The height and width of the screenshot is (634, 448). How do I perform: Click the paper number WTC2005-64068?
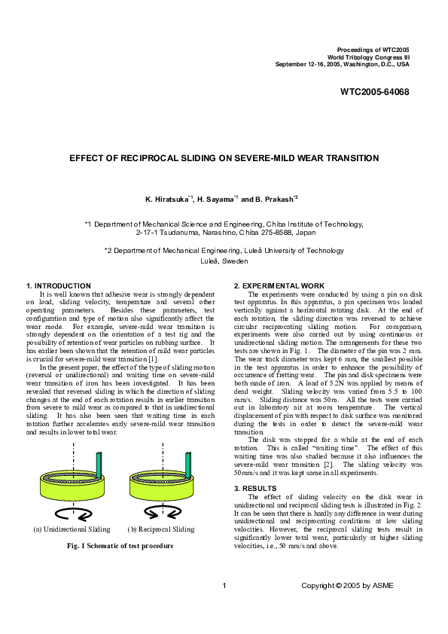374,92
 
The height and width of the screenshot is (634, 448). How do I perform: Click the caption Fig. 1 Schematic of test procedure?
115,545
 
